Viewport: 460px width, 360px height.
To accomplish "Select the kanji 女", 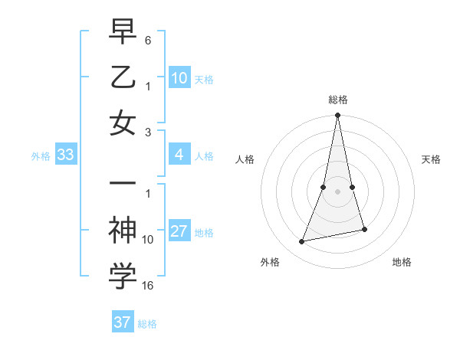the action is click(123, 123).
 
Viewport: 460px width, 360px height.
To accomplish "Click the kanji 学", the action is click(123, 277).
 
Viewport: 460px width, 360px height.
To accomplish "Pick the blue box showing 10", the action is click(179, 77).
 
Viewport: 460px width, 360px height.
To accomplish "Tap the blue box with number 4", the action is click(179, 155).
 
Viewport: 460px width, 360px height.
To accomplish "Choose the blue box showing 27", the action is click(179, 232).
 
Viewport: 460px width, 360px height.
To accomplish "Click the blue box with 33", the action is click(65, 155).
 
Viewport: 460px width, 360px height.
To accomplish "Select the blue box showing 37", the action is click(123, 322).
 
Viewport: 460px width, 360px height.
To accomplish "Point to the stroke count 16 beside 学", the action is click(148, 286).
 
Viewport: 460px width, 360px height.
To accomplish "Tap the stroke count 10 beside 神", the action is click(148, 239).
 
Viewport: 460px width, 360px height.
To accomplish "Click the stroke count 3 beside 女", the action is click(148, 132).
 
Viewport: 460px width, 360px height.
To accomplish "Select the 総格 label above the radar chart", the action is click(337, 100).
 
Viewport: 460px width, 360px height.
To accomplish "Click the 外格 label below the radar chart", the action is click(270, 262).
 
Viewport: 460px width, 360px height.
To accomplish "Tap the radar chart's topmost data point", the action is click(337, 116).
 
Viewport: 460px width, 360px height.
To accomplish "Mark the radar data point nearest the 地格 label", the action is click(364, 229).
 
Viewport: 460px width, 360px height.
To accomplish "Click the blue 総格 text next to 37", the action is click(147, 324).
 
